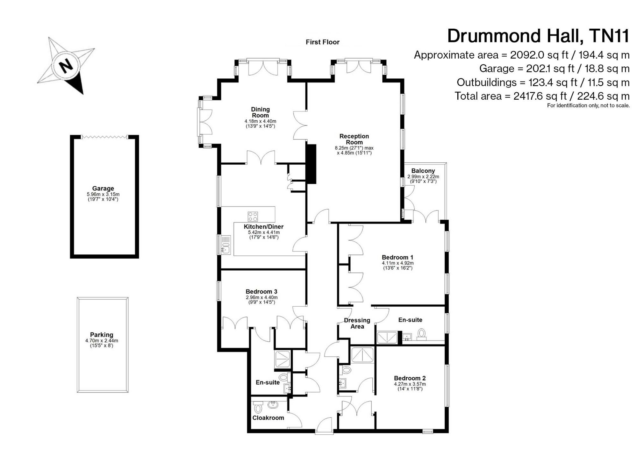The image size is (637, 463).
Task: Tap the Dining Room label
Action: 260,112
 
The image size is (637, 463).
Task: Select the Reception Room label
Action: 354,139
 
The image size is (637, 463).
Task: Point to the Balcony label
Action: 423,171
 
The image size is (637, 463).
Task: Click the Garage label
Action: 103,188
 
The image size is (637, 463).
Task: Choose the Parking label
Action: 102,335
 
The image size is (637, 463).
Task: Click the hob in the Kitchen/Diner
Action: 253,217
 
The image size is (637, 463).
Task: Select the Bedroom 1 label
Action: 397,257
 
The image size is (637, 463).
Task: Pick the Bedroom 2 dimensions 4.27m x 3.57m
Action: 410,384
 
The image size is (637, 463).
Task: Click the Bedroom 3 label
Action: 261,291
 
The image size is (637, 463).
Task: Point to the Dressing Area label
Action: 357,323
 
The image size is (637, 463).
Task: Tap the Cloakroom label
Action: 268,418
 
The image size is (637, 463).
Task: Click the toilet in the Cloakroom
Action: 258,407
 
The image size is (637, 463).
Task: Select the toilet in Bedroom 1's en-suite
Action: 422,334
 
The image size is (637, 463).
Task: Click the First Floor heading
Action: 322,42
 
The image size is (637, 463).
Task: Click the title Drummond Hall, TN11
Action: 538,36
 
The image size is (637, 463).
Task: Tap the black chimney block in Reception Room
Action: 311,164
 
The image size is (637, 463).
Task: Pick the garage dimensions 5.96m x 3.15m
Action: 103,194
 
